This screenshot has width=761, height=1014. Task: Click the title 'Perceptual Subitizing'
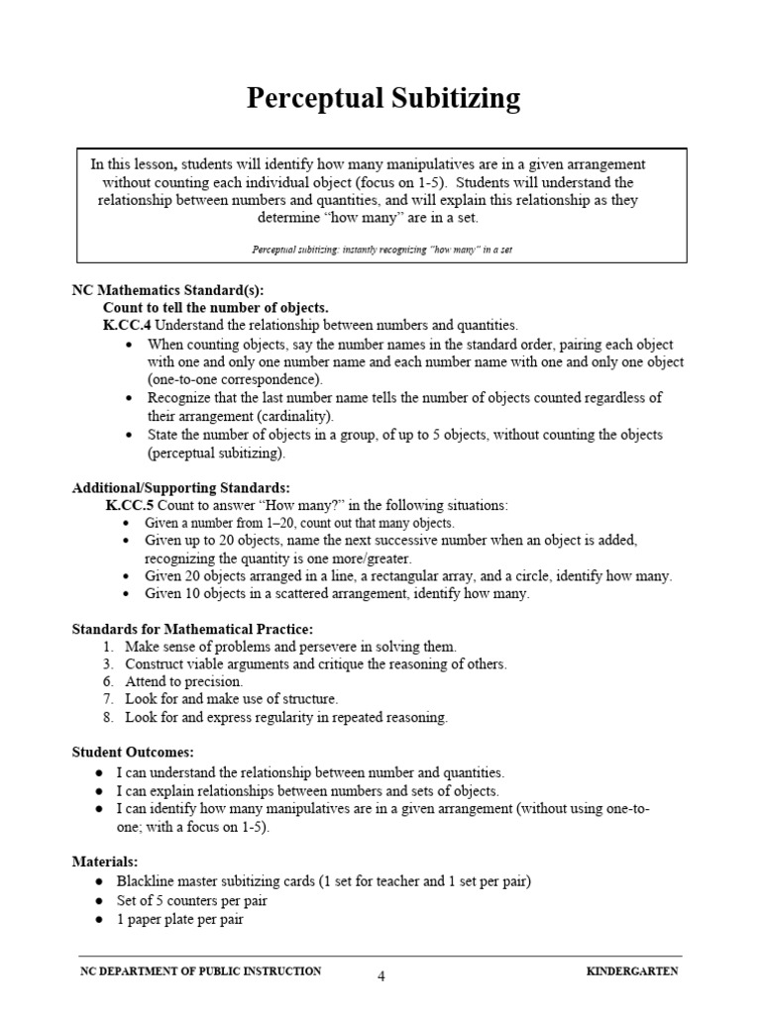pyautogui.click(x=382, y=98)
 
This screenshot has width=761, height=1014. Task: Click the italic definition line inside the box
pyautogui.click(x=381, y=250)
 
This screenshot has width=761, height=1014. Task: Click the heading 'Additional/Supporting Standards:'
pyautogui.click(x=181, y=488)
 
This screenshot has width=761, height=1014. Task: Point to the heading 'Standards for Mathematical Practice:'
pyautogui.click(x=193, y=629)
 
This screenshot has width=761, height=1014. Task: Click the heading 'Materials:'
pyautogui.click(x=105, y=862)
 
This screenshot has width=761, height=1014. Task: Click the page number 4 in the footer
pyautogui.click(x=380, y=976)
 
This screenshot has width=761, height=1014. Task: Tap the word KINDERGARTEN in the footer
pyautogui.click(x=632, y=971)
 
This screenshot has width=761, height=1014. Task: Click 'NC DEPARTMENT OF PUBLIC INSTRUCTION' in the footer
pyautogui.click(x=200, y=971)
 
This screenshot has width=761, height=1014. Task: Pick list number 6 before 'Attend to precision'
pyautogui.click(x=107, y=682)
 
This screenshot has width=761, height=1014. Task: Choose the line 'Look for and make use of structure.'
pyautogui.click(x=224, y=700)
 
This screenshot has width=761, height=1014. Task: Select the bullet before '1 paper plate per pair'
pyautogui.click(x=100, y=918)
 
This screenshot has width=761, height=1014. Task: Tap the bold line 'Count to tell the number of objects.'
pyautogui.click(x=215, y=308)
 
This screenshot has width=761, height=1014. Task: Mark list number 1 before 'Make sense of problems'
pyautogui.click(x=107, y=647)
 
